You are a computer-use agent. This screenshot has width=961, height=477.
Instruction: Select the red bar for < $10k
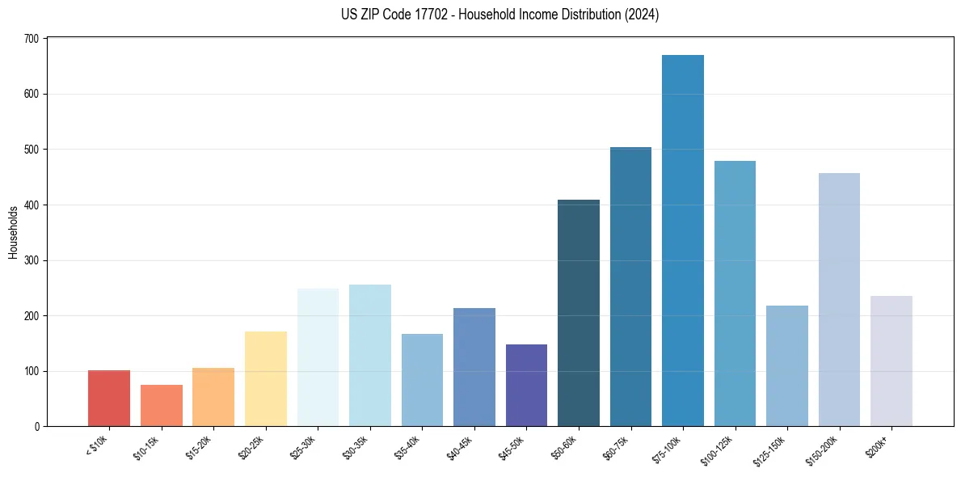pos(109,399)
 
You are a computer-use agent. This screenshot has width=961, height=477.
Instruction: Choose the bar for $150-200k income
pos(839,300)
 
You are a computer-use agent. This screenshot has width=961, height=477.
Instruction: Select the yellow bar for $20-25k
pos(266,379)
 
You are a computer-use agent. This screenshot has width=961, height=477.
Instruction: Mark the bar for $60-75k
pos(630,287)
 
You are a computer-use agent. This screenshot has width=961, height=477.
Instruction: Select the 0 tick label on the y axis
pos(37,427)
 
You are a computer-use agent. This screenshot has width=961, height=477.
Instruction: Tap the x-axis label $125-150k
pos(772,449)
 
